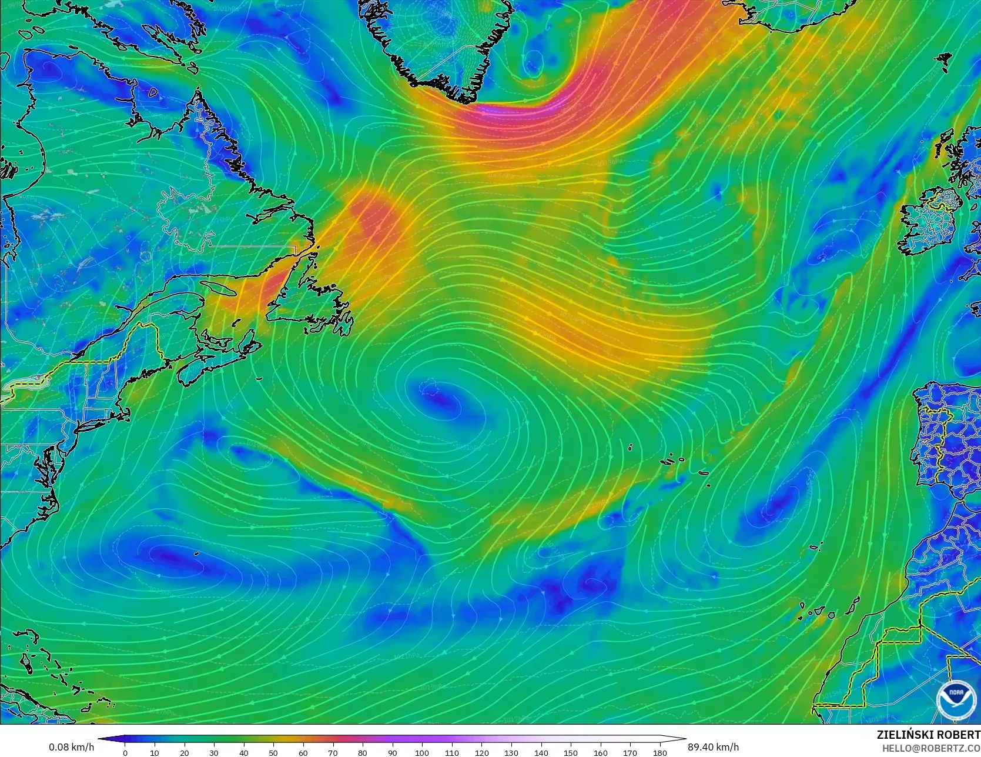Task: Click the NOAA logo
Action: point(956,699)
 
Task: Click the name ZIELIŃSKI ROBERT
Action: point(928,735)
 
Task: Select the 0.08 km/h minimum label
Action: point(71,747)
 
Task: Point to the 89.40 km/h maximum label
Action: point(713,747)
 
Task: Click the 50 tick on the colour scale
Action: point(273,752)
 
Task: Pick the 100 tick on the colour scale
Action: point(421,752)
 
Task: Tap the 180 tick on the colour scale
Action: point(659,752)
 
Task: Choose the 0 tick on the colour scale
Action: point(125,752)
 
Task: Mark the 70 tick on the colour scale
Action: point(333,752)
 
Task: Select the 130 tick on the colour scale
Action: point(511,752)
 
